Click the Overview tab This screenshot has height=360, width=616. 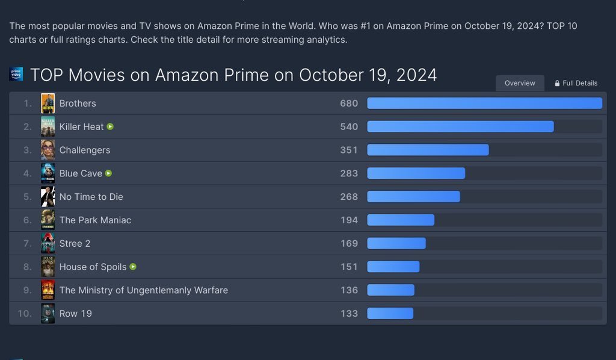click(520, 83)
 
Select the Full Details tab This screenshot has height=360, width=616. click(576, 83)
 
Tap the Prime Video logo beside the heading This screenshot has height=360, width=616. click(16, 74)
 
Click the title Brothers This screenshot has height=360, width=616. click(78, 104)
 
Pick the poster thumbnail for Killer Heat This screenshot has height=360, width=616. click(48, 127)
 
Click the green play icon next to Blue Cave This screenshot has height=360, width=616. click(108, 173)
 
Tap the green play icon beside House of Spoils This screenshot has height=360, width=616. click(133, 267)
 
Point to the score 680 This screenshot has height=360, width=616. click(349, 104)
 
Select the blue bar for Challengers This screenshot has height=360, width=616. click(428, 150)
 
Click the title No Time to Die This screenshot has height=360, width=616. click(91, 197)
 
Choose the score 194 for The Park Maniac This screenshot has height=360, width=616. click(349, 220)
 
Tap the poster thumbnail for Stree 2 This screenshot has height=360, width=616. click(48, 244)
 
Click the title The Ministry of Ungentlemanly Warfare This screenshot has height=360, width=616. click(143, 290)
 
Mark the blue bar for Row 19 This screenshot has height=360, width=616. click(390, 314)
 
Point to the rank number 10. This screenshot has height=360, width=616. click(25, 314)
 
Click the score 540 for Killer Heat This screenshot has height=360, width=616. click(349, 127)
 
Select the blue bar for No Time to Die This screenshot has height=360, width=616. click(413, 197)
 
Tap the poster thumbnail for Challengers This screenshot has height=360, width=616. click(48, 150)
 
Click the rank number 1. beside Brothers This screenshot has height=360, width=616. click(27, 104)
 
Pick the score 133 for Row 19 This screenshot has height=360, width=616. click(349, 314)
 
